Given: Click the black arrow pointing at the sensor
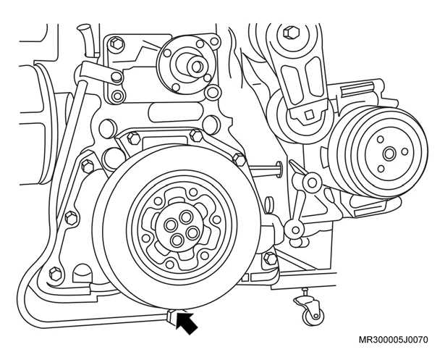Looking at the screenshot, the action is pyautogui.click(x=186, y=322).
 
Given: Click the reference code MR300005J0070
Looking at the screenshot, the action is pyautogui.click(x=394, y=340).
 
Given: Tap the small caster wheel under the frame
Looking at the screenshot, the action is pyautogui.click(x=312, y=315).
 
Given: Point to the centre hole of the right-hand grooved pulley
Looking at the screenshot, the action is pyautogui.click(x=389, y=154).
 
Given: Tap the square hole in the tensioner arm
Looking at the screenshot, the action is pyautogui.click(x=309, y=114).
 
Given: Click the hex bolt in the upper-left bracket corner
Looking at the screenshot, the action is pyautogui.click(x=116, y=43).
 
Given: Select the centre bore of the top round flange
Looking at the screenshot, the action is pyautogui.click(x=196, y=67).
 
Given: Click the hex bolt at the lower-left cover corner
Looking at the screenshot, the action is pyautogui.click(x=55, y=274).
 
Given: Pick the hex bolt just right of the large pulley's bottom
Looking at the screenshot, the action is pyautogui.click(x=270, y=259).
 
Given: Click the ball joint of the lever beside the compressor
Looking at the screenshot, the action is pyautogui.click(x=312, y=183).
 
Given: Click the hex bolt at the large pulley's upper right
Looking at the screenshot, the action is pyautogui.click(x=240, y=160).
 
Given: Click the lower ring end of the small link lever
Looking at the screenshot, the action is pyautogui.click(x=295, y=229).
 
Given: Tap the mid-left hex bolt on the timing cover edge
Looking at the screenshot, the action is pyautogui.click(x=71, y=218).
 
